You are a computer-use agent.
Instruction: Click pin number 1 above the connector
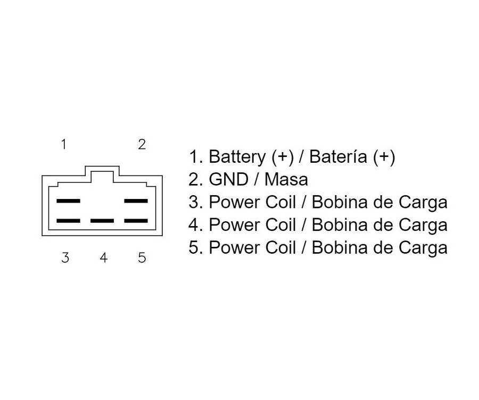(63, 144)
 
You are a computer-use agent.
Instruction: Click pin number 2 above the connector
(142, 144)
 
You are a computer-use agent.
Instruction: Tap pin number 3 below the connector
(65, 257)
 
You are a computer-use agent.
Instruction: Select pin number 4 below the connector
(104, 257)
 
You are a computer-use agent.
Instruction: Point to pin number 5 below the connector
(142, 257)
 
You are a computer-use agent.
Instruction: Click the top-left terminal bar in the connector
(69, 201)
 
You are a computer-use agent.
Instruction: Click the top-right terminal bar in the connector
(136, 201)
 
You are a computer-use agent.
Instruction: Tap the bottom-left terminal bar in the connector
(69, 220)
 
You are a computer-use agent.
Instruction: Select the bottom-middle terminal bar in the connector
(102, 220)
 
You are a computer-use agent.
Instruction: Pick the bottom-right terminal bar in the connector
(136, 220)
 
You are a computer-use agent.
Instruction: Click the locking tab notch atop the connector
(102, 166)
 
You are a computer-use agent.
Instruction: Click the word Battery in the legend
(237, 157)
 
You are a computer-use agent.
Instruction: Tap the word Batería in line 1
(338, 156)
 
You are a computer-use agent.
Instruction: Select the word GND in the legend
(228, 179)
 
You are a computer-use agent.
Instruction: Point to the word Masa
(286, 179)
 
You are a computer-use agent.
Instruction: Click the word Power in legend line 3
(235, 202)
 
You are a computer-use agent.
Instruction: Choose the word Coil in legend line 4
(280, 224)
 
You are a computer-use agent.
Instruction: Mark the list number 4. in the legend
(194, 224)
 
